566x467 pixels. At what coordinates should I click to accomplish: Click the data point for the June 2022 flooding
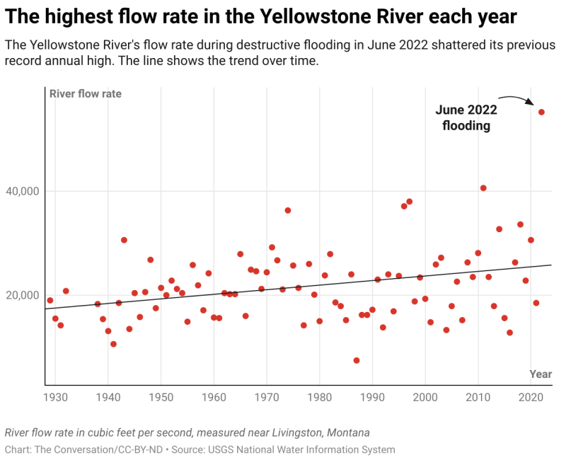pos(541,112)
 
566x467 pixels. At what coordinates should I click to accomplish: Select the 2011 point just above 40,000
pos(483,188)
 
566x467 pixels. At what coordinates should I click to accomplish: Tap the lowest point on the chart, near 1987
pos(357,360)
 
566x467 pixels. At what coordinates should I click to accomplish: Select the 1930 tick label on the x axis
pos(55,398)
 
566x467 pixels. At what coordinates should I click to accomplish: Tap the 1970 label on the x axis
pos(267,398)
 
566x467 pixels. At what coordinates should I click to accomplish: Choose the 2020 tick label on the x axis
pos(531,398)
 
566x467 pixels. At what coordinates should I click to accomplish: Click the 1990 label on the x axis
pos(372,398)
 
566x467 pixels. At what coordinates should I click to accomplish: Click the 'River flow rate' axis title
pos(85,94)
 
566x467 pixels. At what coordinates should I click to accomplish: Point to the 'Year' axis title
pos(541,374)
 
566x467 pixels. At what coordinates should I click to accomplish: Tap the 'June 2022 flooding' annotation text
pos(466,118)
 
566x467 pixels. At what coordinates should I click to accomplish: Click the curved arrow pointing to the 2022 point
pos(515,99)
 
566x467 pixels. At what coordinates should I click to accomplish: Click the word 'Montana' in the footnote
pos(346,432)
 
